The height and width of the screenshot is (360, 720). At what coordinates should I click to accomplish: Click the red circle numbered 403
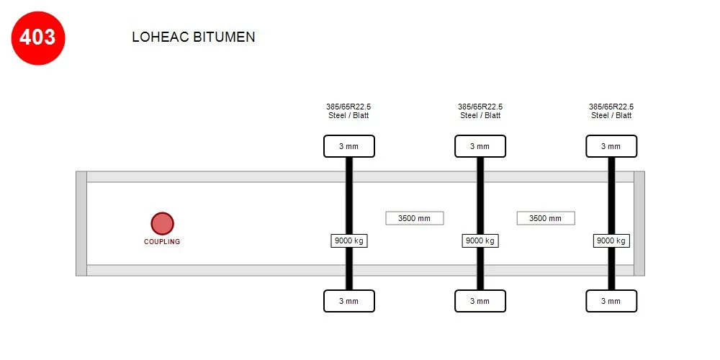[38, 38]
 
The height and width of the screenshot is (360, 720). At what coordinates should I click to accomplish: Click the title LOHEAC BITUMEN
[193, 37]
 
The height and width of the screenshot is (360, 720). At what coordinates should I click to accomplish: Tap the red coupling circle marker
[162, 224]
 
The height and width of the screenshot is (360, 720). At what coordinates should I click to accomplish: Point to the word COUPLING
[162, 241]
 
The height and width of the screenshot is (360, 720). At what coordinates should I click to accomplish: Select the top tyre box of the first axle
[349, 146]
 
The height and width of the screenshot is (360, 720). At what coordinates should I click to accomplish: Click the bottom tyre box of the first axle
[349, 301]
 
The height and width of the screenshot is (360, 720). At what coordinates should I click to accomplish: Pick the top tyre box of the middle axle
[480, 146]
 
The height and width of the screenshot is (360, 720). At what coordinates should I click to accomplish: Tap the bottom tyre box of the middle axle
[480, 301]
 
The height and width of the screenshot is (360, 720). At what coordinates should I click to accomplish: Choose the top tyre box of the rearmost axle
[611, 146]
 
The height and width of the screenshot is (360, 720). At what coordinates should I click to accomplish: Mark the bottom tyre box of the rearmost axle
[611, 301]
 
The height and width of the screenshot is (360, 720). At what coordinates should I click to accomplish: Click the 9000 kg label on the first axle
[349, 240]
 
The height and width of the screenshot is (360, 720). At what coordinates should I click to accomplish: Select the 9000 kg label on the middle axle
[480, 240]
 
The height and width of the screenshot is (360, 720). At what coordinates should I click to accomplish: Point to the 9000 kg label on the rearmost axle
[611, 240]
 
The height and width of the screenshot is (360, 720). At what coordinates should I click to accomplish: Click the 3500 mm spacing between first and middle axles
[415, 218]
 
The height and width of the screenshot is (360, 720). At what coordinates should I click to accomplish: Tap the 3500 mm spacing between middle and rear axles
[546, 218]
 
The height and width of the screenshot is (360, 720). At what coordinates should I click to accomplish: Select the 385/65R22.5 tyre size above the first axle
[348, 107]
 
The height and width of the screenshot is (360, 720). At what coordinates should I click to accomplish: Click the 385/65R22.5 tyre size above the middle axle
[480, 107]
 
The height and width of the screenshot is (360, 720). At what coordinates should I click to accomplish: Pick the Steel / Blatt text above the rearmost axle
[611, 116]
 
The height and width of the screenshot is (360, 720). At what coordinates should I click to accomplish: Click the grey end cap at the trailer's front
[81, 224]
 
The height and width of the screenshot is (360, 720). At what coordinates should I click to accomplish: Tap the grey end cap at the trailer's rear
[639, 224]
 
